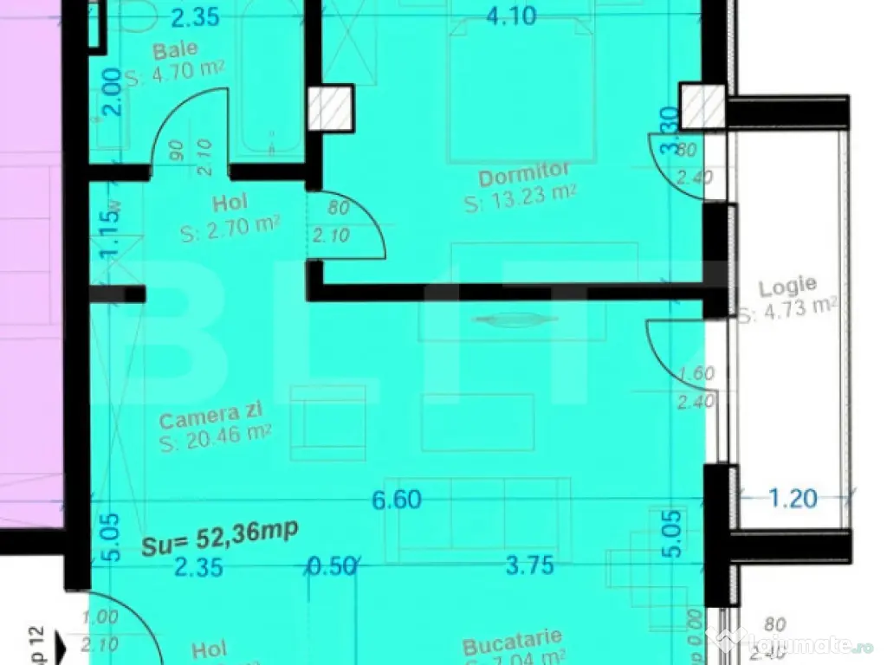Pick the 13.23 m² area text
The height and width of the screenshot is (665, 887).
[x=520, y=200]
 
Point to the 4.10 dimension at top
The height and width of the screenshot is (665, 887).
[x=513, y=15]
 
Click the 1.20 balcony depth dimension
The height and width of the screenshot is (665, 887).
[x=793, y=498]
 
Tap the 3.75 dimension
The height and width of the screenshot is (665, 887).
[x=530, y=567]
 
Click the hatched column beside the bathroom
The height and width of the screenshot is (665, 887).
[x=330, y=107]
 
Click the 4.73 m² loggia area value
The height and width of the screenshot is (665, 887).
[x=788, y=307]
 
